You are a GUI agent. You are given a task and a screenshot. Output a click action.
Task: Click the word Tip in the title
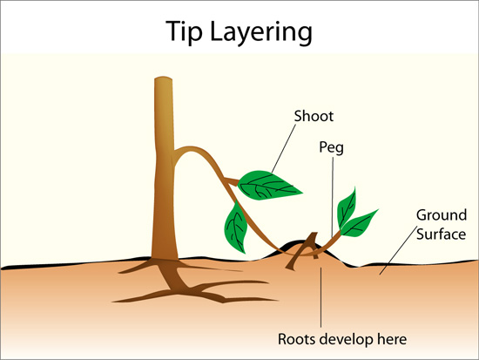coord(184,31)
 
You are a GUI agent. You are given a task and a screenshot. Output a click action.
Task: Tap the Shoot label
coord(314,116)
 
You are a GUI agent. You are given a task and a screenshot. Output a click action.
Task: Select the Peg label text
coord(332,147)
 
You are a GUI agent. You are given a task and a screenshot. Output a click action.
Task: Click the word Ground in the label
coord(442,215)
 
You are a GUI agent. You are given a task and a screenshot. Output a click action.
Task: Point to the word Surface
coord(442,234)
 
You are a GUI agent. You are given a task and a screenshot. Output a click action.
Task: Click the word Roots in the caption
coord(295,339)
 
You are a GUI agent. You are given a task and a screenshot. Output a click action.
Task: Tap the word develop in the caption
coord(345,340)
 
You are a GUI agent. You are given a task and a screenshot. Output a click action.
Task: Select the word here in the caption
coord(392,339)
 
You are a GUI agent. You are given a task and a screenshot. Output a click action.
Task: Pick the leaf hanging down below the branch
coord(235,227)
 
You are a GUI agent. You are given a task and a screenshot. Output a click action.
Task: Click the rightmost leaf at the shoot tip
coord(359,223)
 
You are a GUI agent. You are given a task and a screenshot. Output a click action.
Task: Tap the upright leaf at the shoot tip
coord(346,208)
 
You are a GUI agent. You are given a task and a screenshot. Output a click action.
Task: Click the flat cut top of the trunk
coord(163,78)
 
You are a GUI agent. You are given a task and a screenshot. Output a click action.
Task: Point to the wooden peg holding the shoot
coord(302,251)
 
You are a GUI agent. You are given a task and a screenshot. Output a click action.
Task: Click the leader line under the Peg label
coord(333,197)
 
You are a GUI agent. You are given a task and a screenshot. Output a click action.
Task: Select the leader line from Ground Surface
coord(398,250)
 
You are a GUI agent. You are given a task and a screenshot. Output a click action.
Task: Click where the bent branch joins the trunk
coord(175,151)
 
